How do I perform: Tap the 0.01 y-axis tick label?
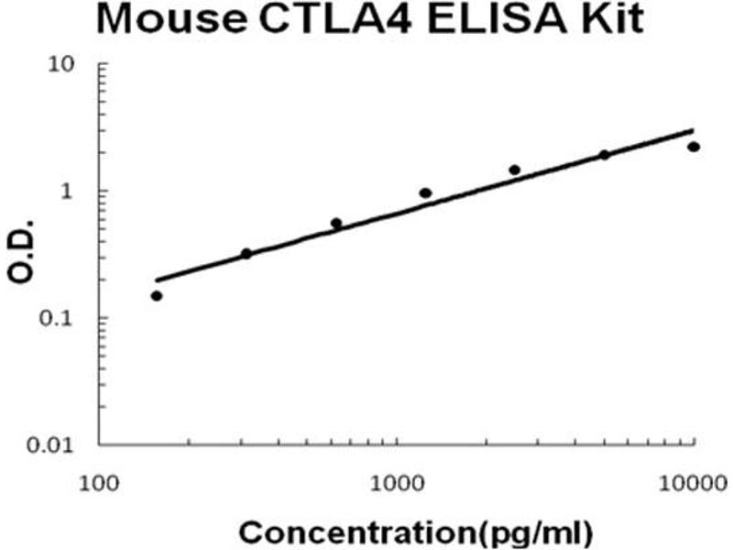[64, 446]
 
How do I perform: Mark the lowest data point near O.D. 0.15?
[157, 295]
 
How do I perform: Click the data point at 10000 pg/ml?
[694, 147]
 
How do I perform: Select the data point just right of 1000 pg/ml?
[425, 192]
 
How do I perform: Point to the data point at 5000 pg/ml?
[605, 155]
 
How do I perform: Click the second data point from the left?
[246, 253]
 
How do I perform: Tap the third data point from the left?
[336, 223]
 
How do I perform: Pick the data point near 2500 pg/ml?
[515, 170]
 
